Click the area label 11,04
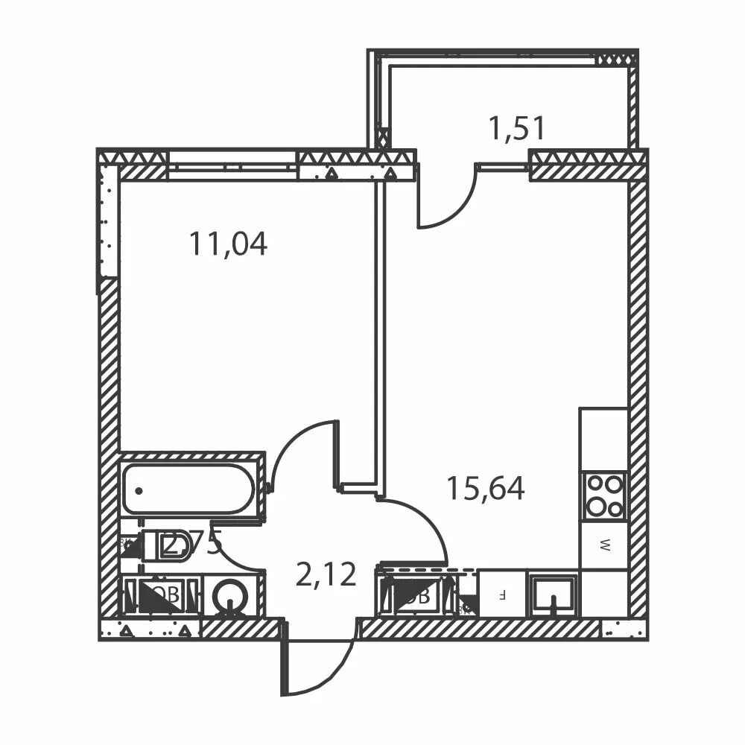pyautogui.click(x=227, y=244)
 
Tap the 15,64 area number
pyautogui.click(x=485, y=488)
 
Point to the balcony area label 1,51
pyautogui.click(x=516, y=128)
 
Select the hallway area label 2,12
pyautogui.click(x=326, y=575)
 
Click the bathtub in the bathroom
pyautogui.click(x=189, y=489)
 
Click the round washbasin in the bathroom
pyautogui.click(x=229, y=595)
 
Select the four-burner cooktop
pyautogui.click(x=603, y=495)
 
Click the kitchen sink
pyautogui.click(x=552, y=594)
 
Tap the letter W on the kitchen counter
pyautogui.click(x=605, y=545)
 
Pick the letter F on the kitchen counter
pyautogui.click(x=502, y=595)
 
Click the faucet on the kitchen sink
pyautogui.click(x=552, y=603)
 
